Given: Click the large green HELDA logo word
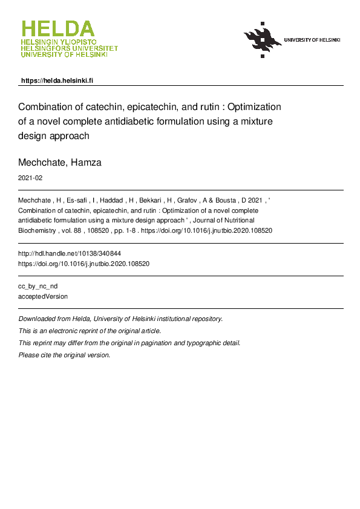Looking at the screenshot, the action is click(58, 29).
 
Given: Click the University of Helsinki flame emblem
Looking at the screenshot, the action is click(263, 40).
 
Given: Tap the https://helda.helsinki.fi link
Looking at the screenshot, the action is click(57, 80).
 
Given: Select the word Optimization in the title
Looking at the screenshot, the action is click(254, 106).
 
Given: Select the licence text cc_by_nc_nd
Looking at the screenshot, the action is click(38, 286).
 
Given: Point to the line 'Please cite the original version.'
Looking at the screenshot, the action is click(65, 355).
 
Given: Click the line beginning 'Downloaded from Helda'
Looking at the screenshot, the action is click(120, 319).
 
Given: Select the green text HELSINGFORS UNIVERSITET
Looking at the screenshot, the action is click(70, 48).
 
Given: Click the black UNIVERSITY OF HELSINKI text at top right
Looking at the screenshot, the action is click(312, 40).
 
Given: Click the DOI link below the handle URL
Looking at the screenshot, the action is click(84, 264).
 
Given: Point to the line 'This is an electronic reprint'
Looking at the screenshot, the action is click(90, 331).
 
